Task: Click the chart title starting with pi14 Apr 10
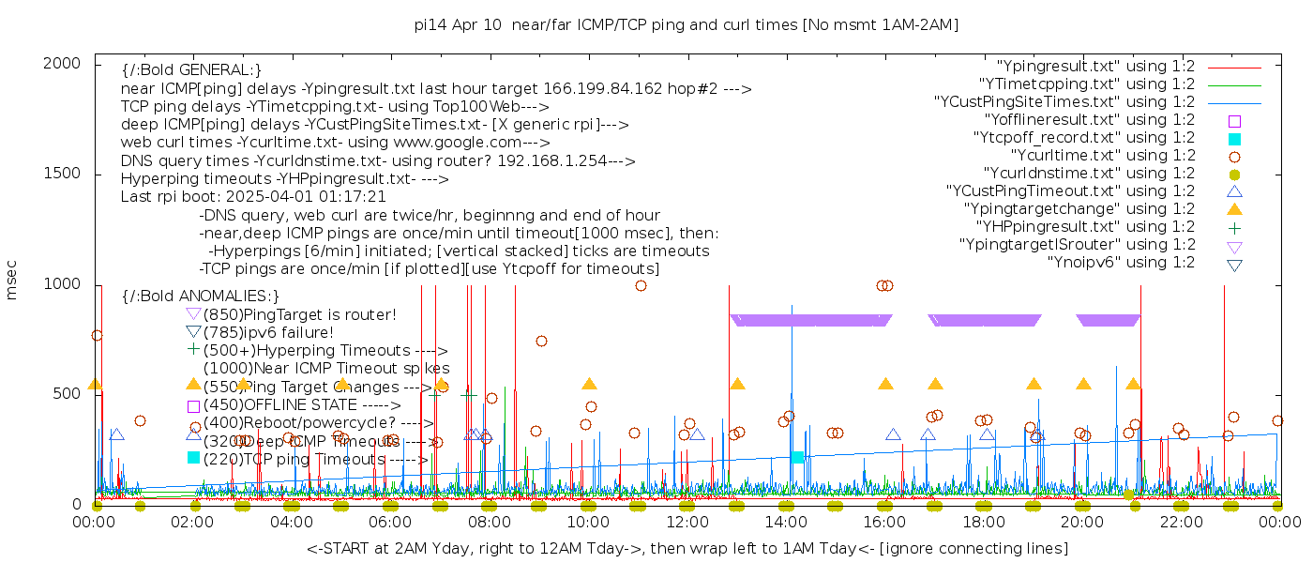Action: (x=686, y=24)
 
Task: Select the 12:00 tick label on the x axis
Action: (x=687, y=522)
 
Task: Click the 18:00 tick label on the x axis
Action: (x=983, y=522)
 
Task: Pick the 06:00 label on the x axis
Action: (x=390, y=522)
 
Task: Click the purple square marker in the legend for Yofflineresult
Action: (x=1234, y=121)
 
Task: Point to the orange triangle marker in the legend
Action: (x=1234, y=209)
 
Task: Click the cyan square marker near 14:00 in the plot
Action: (x=797, y=457)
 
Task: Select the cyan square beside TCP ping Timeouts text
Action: (x=193, y=458)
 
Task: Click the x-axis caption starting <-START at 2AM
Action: (x=686, y=548)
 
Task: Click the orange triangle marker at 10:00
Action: (x=589, y=384)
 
